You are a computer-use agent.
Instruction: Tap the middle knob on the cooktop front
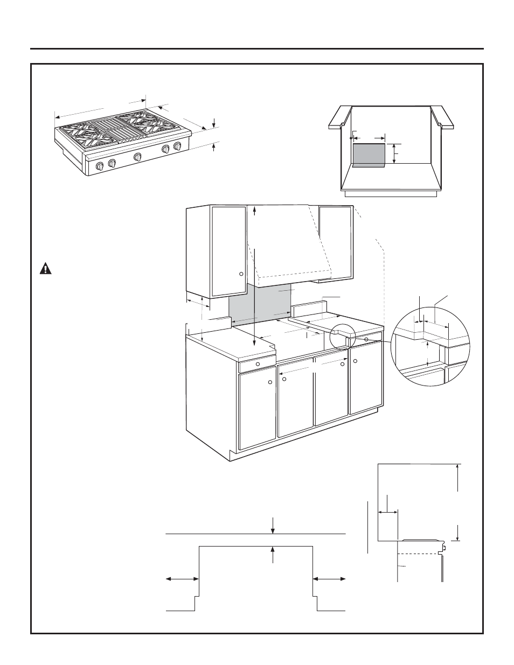pyautogui.click(x=138, y=157)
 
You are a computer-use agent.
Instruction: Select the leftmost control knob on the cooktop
pyautogui.click(x=100, y=166)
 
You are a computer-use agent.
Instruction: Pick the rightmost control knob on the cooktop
pyautogui.click(x=177, y=146)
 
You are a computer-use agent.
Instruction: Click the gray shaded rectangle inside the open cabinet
pyautogui.click(x=369, y=155)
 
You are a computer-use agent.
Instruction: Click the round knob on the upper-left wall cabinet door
pyautogui.click(x=241, y=274)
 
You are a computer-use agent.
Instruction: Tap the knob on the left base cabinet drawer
pyautogui.click(x=258, y=365)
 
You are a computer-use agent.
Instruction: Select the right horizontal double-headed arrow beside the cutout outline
pyautogui.click(x=329, y=579)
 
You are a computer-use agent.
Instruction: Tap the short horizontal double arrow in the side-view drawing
pyautogui.click(x=387, y=512)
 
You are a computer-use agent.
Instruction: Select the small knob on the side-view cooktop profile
pyautogui.click(x=445, y=548)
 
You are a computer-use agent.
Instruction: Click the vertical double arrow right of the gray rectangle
pyautogui.click(x=394, y=154)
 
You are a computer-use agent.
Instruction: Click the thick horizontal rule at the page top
pyautogui.click(x=257, y=48)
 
